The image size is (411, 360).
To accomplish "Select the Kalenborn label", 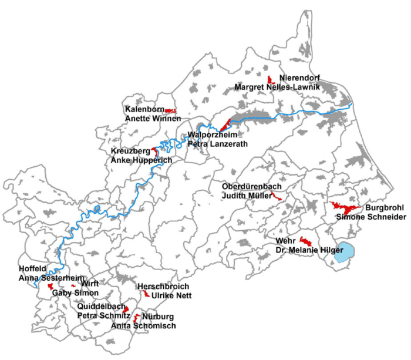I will [x=144, y=109].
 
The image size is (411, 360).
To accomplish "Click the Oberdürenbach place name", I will [x=249, y=187].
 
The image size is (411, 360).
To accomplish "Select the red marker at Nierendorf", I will [x=270, y=80].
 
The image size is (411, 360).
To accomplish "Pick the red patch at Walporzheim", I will [x=225, y=125].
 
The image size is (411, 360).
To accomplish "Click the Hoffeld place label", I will [x=32, y=269].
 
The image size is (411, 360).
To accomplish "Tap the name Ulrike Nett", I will [x=171, y=295].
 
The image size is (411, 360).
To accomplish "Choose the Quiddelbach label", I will [x=102, y=307].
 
